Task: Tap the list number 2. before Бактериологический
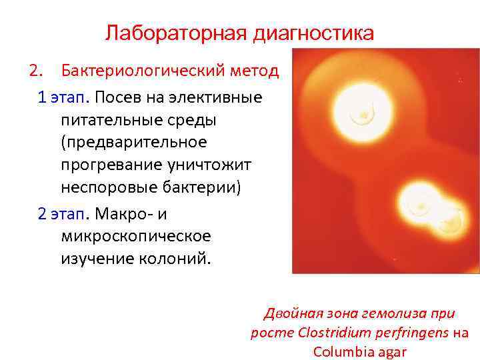(35, 70)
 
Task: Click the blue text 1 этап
(63, 98)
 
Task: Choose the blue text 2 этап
(63, 213)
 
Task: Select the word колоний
(178, 259)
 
